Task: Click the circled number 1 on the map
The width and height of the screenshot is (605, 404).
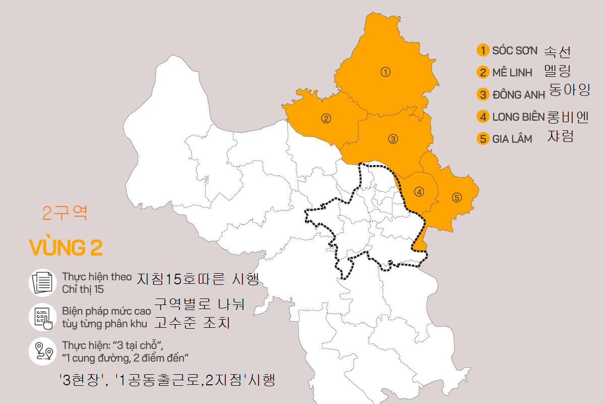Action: pos(386,72)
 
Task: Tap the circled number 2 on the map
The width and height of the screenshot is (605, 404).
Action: pos(326,119)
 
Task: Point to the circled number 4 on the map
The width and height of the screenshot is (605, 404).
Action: pos(419,192)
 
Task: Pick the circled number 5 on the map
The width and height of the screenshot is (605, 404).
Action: pos(457,197)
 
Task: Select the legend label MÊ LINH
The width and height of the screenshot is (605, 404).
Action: pos(512,73)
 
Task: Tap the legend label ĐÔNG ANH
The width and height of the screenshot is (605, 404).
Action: pos(519,94)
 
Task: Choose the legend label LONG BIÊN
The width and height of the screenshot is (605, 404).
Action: pos(519,117)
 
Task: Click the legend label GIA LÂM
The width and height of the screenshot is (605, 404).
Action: pos(512,139)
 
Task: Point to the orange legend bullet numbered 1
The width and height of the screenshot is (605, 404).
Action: pos(483,50)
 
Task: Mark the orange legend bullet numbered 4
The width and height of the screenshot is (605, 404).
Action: pos(483,117)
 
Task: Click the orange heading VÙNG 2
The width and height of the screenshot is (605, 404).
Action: pos(66,248)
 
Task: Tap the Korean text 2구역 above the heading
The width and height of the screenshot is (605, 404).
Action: pos(65,214)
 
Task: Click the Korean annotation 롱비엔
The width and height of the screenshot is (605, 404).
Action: pos(568,117)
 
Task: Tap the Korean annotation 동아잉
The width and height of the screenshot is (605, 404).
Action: pos(569,90)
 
